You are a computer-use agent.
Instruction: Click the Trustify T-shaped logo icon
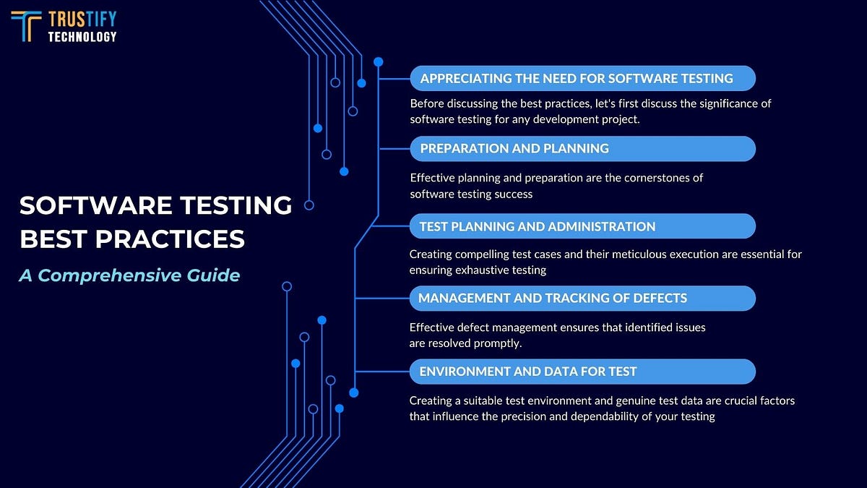click(x=27, y=26)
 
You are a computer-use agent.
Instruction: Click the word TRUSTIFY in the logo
click(x=82, y=19)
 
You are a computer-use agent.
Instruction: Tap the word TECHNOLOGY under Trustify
click(x=82, y=36)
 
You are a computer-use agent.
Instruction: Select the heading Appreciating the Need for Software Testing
click(x=577, y=78)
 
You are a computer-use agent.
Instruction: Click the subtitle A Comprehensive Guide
click(x=129, y=275)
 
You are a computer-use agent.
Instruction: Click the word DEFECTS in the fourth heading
click(x=661, y=298)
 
